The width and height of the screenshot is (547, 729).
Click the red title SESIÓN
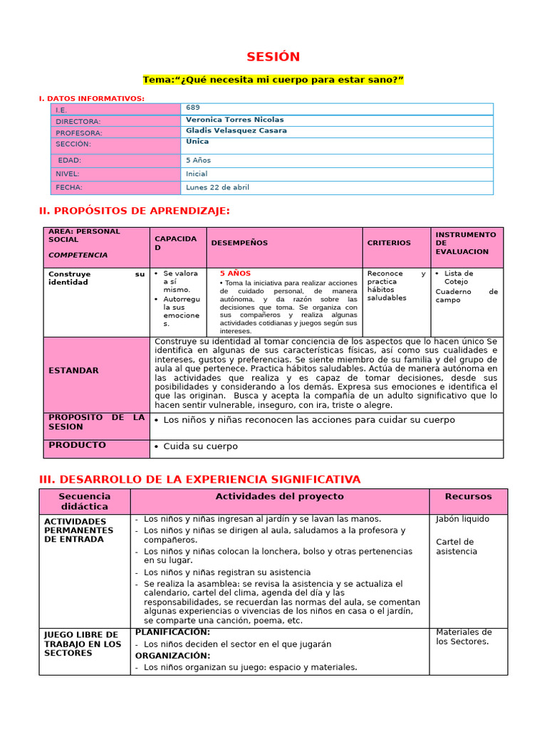[273, 57]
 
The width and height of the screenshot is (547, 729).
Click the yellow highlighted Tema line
[273, 80]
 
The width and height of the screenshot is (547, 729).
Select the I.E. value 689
[193, 107]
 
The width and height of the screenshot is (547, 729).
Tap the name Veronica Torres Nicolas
[234, 120]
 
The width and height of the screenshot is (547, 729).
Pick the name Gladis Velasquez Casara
[236, 131]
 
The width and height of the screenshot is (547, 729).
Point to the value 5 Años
[198, 160]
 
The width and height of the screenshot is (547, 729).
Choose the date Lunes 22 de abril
[217, 187]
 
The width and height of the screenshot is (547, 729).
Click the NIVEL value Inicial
[197, 174]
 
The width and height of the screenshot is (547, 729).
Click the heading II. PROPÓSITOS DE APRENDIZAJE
[134, 211]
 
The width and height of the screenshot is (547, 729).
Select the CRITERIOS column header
[389, 243]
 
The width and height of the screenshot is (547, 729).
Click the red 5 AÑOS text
[235, 273]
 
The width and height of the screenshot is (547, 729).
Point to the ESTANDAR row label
[73, 370]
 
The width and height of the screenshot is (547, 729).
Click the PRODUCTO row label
[77, 445]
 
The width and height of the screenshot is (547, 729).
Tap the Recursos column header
[468, 496]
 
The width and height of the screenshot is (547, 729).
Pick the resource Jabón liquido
[462, 519]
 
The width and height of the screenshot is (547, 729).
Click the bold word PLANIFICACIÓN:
[172, 631]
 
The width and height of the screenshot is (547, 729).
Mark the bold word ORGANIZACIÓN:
[172, 656]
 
